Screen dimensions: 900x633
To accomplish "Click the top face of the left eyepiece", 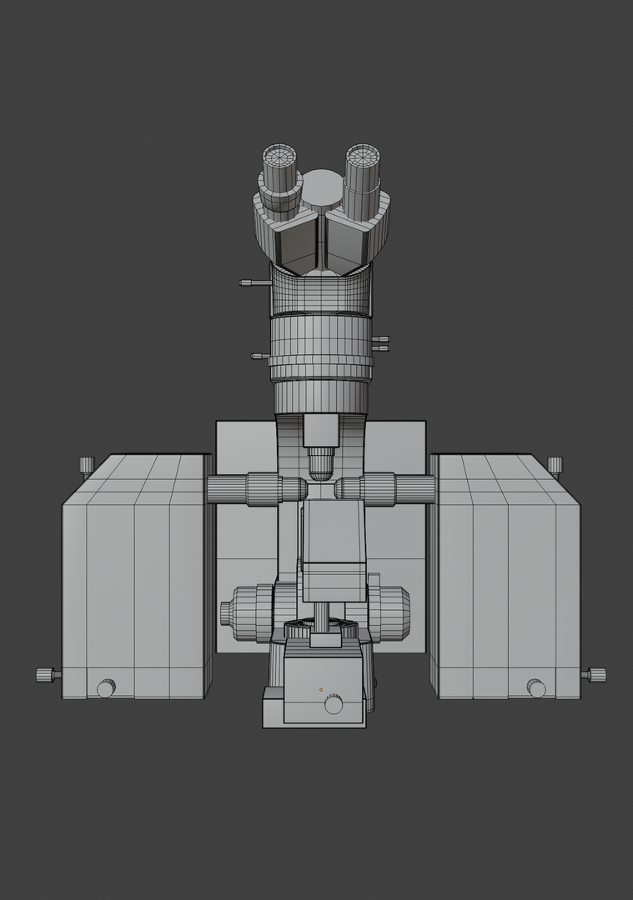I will (280, 156).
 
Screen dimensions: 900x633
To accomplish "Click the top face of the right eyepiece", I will (364, 156).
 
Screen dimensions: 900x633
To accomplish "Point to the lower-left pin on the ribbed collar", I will (259, 356).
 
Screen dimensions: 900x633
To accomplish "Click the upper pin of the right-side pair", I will (381, 338).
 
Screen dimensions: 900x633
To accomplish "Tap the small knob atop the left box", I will (87, 464).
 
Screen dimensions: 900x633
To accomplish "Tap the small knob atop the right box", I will (555, 464).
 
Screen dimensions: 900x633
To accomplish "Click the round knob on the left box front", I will (106, 688).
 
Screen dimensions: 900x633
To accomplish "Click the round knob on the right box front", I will (536, 688).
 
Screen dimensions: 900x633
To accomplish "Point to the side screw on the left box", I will (48, 674).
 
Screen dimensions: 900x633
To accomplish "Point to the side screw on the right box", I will (595, 674).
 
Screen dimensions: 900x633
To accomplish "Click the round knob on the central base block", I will (334, 705).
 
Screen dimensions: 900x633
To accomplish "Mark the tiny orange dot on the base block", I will (320, 690).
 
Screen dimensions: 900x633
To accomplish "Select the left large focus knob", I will (242, 612).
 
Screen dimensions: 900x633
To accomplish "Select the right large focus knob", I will (392, 612).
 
